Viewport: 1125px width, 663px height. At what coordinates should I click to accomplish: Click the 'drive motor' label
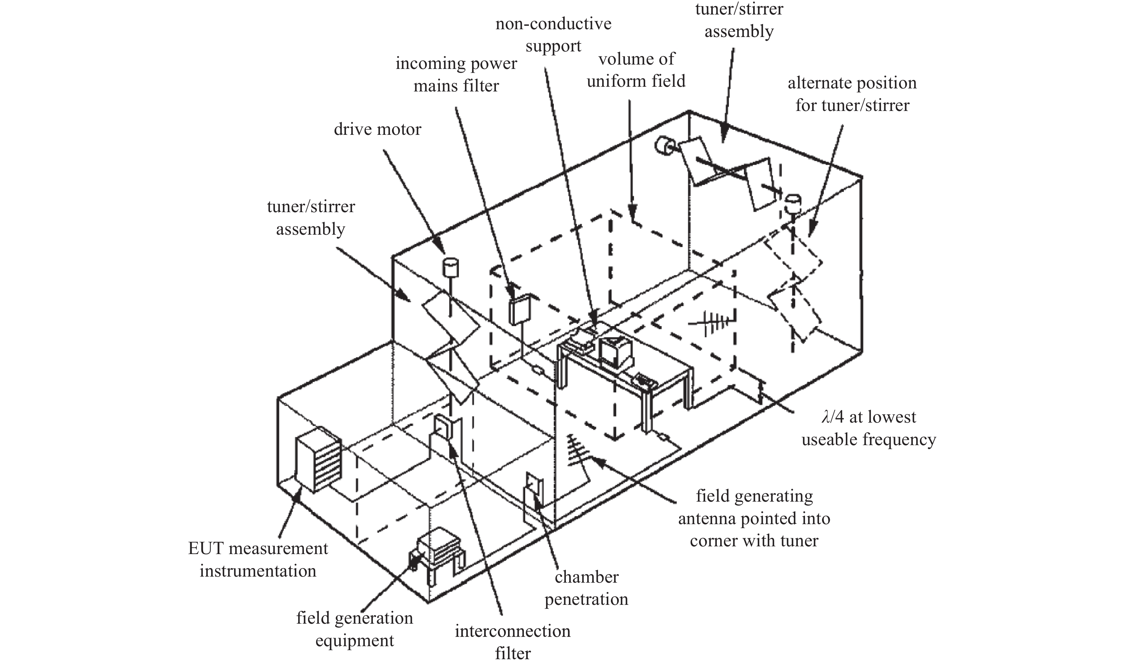pyautogui.click(x=378, y=129)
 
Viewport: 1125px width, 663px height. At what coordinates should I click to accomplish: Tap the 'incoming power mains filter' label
pyautogui.click(x=456, y=75)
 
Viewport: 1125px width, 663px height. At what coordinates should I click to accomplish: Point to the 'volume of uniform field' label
pyautogui.click(x=636, y=70)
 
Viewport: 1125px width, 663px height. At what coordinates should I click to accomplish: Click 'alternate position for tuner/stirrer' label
pyautogui.click(x=852, y=94)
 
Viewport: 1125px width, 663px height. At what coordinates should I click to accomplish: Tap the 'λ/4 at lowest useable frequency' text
pyautogui.click(x=868, y=428)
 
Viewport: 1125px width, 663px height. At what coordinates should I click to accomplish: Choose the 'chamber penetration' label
pyautogui.click(x=586, y=588)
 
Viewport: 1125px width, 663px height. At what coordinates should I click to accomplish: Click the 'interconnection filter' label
pyautogui.click(x=512, y=642)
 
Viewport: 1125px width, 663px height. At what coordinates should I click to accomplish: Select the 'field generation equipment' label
pyautogui.click(x=355, y=629)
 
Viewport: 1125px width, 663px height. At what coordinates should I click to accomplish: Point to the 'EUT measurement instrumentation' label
pyautogui.click(x=258, y=559)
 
